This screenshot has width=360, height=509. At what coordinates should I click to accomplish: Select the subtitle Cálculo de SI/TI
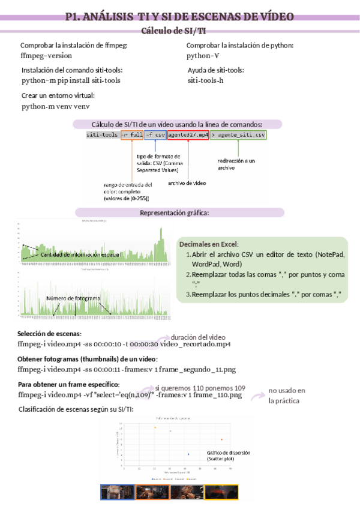[175, 30]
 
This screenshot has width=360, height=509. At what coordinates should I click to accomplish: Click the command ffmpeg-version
[46, 55]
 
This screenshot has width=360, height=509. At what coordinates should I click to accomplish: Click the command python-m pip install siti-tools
[71, 80]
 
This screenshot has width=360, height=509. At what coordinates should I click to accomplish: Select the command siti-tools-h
[206, 80]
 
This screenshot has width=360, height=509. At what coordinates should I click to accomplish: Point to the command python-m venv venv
[56, 106]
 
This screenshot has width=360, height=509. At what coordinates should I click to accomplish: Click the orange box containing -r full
[132, 136]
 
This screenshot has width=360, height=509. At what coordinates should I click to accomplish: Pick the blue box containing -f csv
[155, 136]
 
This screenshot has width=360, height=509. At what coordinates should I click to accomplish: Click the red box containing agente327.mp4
[188, 136]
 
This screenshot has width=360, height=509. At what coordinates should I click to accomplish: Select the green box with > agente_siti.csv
[238, 136]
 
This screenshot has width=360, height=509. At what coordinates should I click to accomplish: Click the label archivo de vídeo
[187, 182]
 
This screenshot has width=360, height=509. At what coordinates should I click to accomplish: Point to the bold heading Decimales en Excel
[209, 244]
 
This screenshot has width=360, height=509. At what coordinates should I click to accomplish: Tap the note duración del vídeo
[198, 337]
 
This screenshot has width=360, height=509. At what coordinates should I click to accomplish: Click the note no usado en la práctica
[287, 395]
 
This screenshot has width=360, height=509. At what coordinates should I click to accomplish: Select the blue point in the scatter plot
[188, 454]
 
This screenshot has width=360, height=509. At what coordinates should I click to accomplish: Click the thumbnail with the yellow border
[222, 492]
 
